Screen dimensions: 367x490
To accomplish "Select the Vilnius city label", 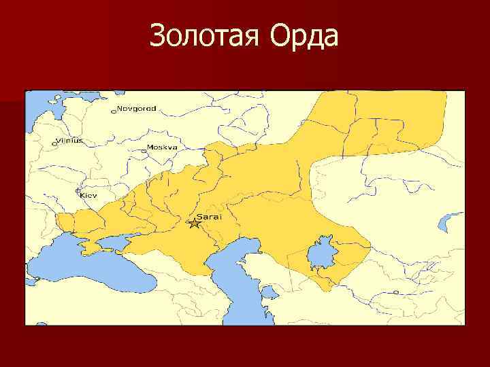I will pyautogui.click(x=69, y=140).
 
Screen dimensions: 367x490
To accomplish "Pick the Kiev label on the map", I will pyautogui.click(x=89, y=195).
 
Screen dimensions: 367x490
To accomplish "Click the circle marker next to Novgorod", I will pyautogui.click(x=114, y=110).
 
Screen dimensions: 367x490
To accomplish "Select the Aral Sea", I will pyautogui.click(x=320, y=255).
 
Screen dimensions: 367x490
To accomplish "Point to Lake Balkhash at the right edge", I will pyautogui.click(x=451, y=221).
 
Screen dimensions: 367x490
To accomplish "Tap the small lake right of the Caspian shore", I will pyautogui.click(x=270, y=292).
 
